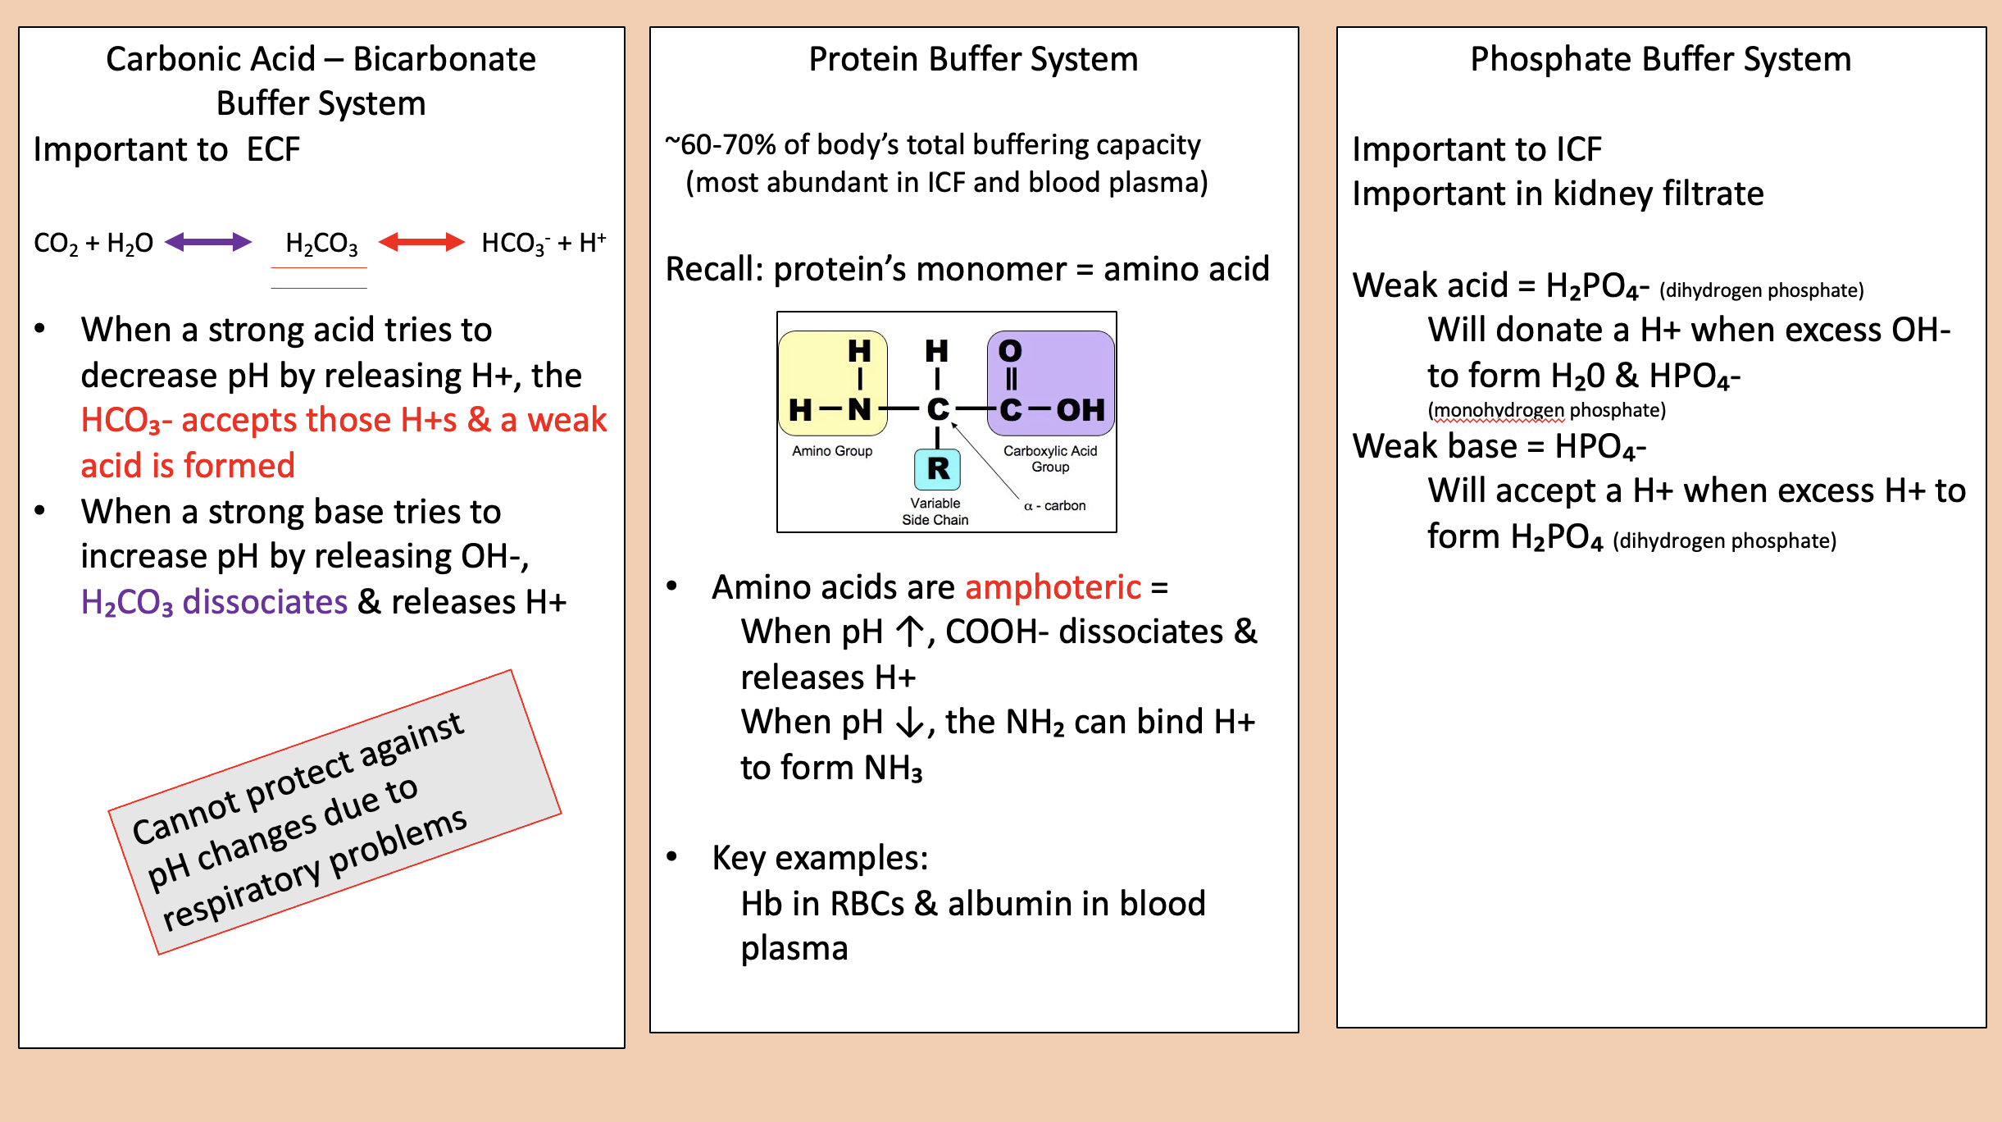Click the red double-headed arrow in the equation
[421, 242]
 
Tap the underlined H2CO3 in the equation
[321, 244]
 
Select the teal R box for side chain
[937, 469]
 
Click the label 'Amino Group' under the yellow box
[831, 451]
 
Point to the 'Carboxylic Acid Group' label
[1049, 458]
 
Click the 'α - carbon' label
[1055, 506]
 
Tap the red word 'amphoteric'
[1053, 587]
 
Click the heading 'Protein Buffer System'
[973, 59]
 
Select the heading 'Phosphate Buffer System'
[1660, 59]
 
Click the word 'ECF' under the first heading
[273, 150]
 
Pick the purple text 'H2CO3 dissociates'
[214, 603]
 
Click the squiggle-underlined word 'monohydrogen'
[1498, 410]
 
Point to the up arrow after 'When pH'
[909, 632]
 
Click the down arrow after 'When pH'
[909, 723]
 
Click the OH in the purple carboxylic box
[1080, 409]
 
